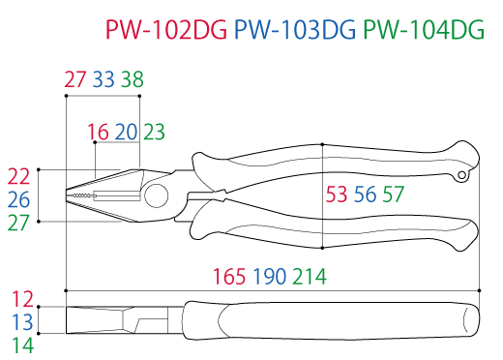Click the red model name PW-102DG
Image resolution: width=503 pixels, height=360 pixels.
[x=166, y=30]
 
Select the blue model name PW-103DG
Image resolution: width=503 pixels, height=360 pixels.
[x=295, y=30]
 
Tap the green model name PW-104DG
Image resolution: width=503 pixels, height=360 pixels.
[x=424, y=30]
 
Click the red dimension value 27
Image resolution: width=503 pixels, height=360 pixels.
[x=75, y=79]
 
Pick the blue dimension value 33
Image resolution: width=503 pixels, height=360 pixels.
[x=104, y=79]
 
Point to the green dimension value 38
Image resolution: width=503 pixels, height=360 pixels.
[x=133, y=79]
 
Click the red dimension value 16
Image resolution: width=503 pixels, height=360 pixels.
[x=98, y=132]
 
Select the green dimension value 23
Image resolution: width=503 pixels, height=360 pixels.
[x=154, y=132]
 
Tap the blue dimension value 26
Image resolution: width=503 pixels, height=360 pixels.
[x=19, y=199]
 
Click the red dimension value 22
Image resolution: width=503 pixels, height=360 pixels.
[x=18, y=176]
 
